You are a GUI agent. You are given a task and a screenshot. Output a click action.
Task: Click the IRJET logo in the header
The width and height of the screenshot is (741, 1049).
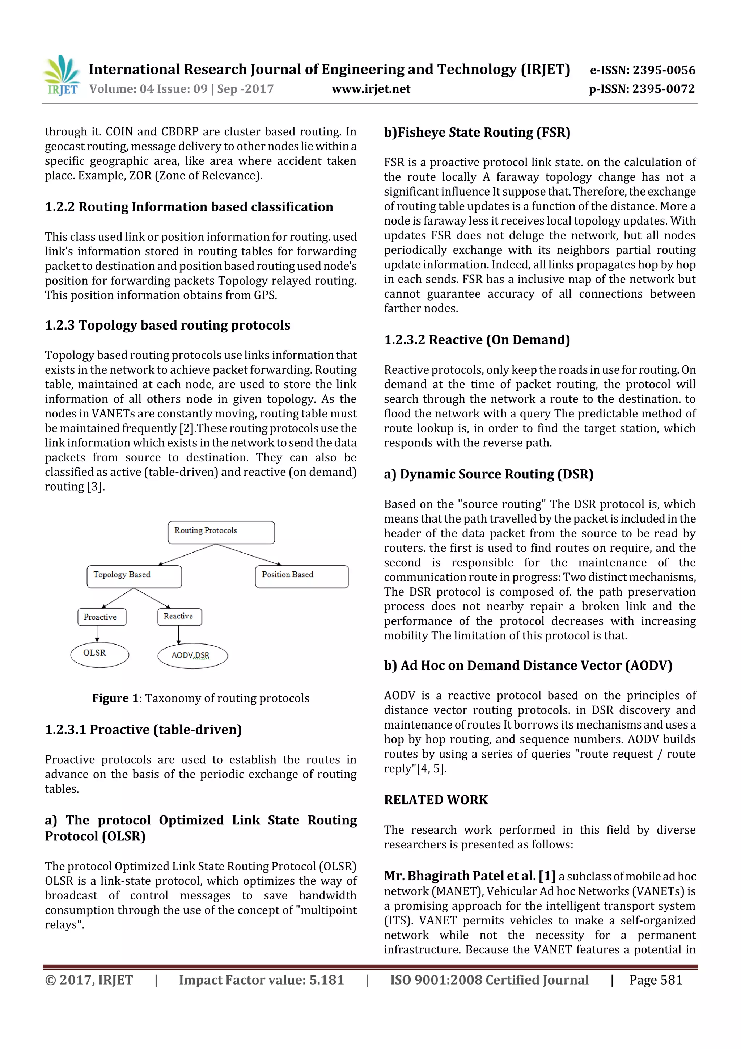[x=62, y=75]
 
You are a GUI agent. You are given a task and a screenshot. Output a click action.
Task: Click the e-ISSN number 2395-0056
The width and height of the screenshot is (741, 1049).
[x=642, y=70]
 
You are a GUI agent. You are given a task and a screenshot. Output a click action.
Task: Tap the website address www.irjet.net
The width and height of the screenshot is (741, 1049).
[x=371, y=89]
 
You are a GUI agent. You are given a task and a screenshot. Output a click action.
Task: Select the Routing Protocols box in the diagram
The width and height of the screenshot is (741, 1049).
[x=221, y=532]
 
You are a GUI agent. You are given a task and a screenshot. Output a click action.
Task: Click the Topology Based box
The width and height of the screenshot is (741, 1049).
[x=134, y=576]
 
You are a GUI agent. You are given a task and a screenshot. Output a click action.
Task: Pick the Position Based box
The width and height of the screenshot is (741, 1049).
[x=301, y=576]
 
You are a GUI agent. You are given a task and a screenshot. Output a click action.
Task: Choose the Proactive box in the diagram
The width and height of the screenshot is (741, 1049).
[x=101, y=617]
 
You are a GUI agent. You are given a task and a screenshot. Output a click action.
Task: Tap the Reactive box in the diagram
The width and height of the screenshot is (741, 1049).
[x=179, y=616]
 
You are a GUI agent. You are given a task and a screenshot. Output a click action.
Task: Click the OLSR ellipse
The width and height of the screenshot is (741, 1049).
[x=99, y=654]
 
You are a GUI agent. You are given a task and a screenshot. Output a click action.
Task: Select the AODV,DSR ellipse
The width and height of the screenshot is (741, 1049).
[x=192, y=656]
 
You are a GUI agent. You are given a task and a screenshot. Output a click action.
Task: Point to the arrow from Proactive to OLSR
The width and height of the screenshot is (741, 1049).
[x=97, y=634]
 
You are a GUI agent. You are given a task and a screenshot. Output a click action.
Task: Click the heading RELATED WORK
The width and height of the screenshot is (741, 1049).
[x=436, y=800]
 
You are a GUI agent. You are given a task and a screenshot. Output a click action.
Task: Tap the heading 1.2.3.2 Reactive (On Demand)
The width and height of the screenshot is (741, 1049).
[x=477, y=340]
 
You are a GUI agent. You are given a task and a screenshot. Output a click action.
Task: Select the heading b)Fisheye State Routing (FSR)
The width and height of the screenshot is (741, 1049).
[x=477, y=133]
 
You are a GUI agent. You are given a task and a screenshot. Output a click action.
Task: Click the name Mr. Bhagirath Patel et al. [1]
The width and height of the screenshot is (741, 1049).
[x=469, y=876]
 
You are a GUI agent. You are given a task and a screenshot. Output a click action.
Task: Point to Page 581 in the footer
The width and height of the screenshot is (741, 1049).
[x=655, y=980]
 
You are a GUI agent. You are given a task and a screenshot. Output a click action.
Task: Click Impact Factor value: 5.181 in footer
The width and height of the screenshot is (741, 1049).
[x=261, y=980]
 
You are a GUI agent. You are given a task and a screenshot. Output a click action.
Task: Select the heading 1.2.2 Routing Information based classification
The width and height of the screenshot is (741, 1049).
[x=189, y=207]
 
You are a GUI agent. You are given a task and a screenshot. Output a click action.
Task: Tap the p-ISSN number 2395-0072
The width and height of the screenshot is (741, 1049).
[x=642, y=89]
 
